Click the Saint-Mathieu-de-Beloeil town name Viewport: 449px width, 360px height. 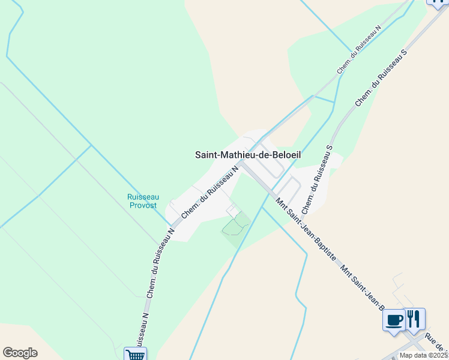[248, 155]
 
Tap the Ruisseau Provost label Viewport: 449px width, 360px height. [142, 201]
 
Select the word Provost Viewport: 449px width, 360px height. [142, 205]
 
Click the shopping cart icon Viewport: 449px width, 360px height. [135, 354]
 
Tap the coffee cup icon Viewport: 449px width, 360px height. [394, 319]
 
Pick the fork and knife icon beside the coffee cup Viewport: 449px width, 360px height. [414, 318]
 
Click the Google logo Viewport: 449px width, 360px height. [20, 353]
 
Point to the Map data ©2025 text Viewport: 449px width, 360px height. [424, 355]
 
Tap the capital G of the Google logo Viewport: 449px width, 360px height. [8, 353]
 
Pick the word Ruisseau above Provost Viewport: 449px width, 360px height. [142, 197]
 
